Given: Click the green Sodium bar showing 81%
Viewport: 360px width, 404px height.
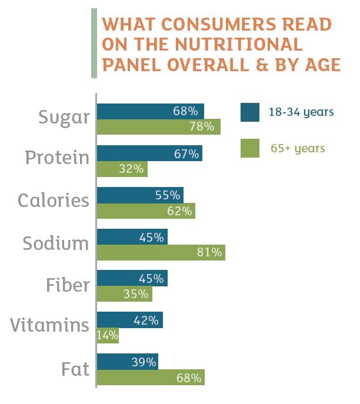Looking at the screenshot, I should pyautogui.click(x=161, y=253).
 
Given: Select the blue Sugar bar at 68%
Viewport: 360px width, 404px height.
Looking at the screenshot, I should pyautogui.click(x=150, y=111).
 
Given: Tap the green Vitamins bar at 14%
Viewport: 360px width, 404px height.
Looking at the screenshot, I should pyautogui.click(x=108, y=336).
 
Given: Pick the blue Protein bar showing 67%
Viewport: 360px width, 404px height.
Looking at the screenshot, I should pyautogui.click(x=149, y=153).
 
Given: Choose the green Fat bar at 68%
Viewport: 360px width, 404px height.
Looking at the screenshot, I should pyautogui.click(x=151, y=378).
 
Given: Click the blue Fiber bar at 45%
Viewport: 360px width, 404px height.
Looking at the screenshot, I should pyautogui.click(x=132, y=278).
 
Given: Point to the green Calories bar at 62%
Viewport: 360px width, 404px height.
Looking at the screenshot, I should pyautogui.click(x=146, y=211).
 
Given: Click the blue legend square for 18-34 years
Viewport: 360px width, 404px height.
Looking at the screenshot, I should pyautogui.click(x=250, y=112).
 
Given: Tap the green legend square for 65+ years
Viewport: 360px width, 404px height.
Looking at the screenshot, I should pyautogui.click(x=250, y=148).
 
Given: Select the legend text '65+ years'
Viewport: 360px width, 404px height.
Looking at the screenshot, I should pyautogui.click(x=298, y=148).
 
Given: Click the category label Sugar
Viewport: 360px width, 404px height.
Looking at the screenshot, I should pyautogui.click(x=64, y=117).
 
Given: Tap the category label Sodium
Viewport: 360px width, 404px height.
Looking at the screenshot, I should pyautogui.click(x=55, y=242).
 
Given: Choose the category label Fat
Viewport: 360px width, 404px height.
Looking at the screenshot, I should pyautogui.click(x=75, y=369).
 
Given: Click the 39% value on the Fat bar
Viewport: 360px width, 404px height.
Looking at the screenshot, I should pyautogui.click(x=144, y=362).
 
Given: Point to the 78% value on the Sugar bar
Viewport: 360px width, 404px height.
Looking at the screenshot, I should pyautogui.click(x=205, y=126).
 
